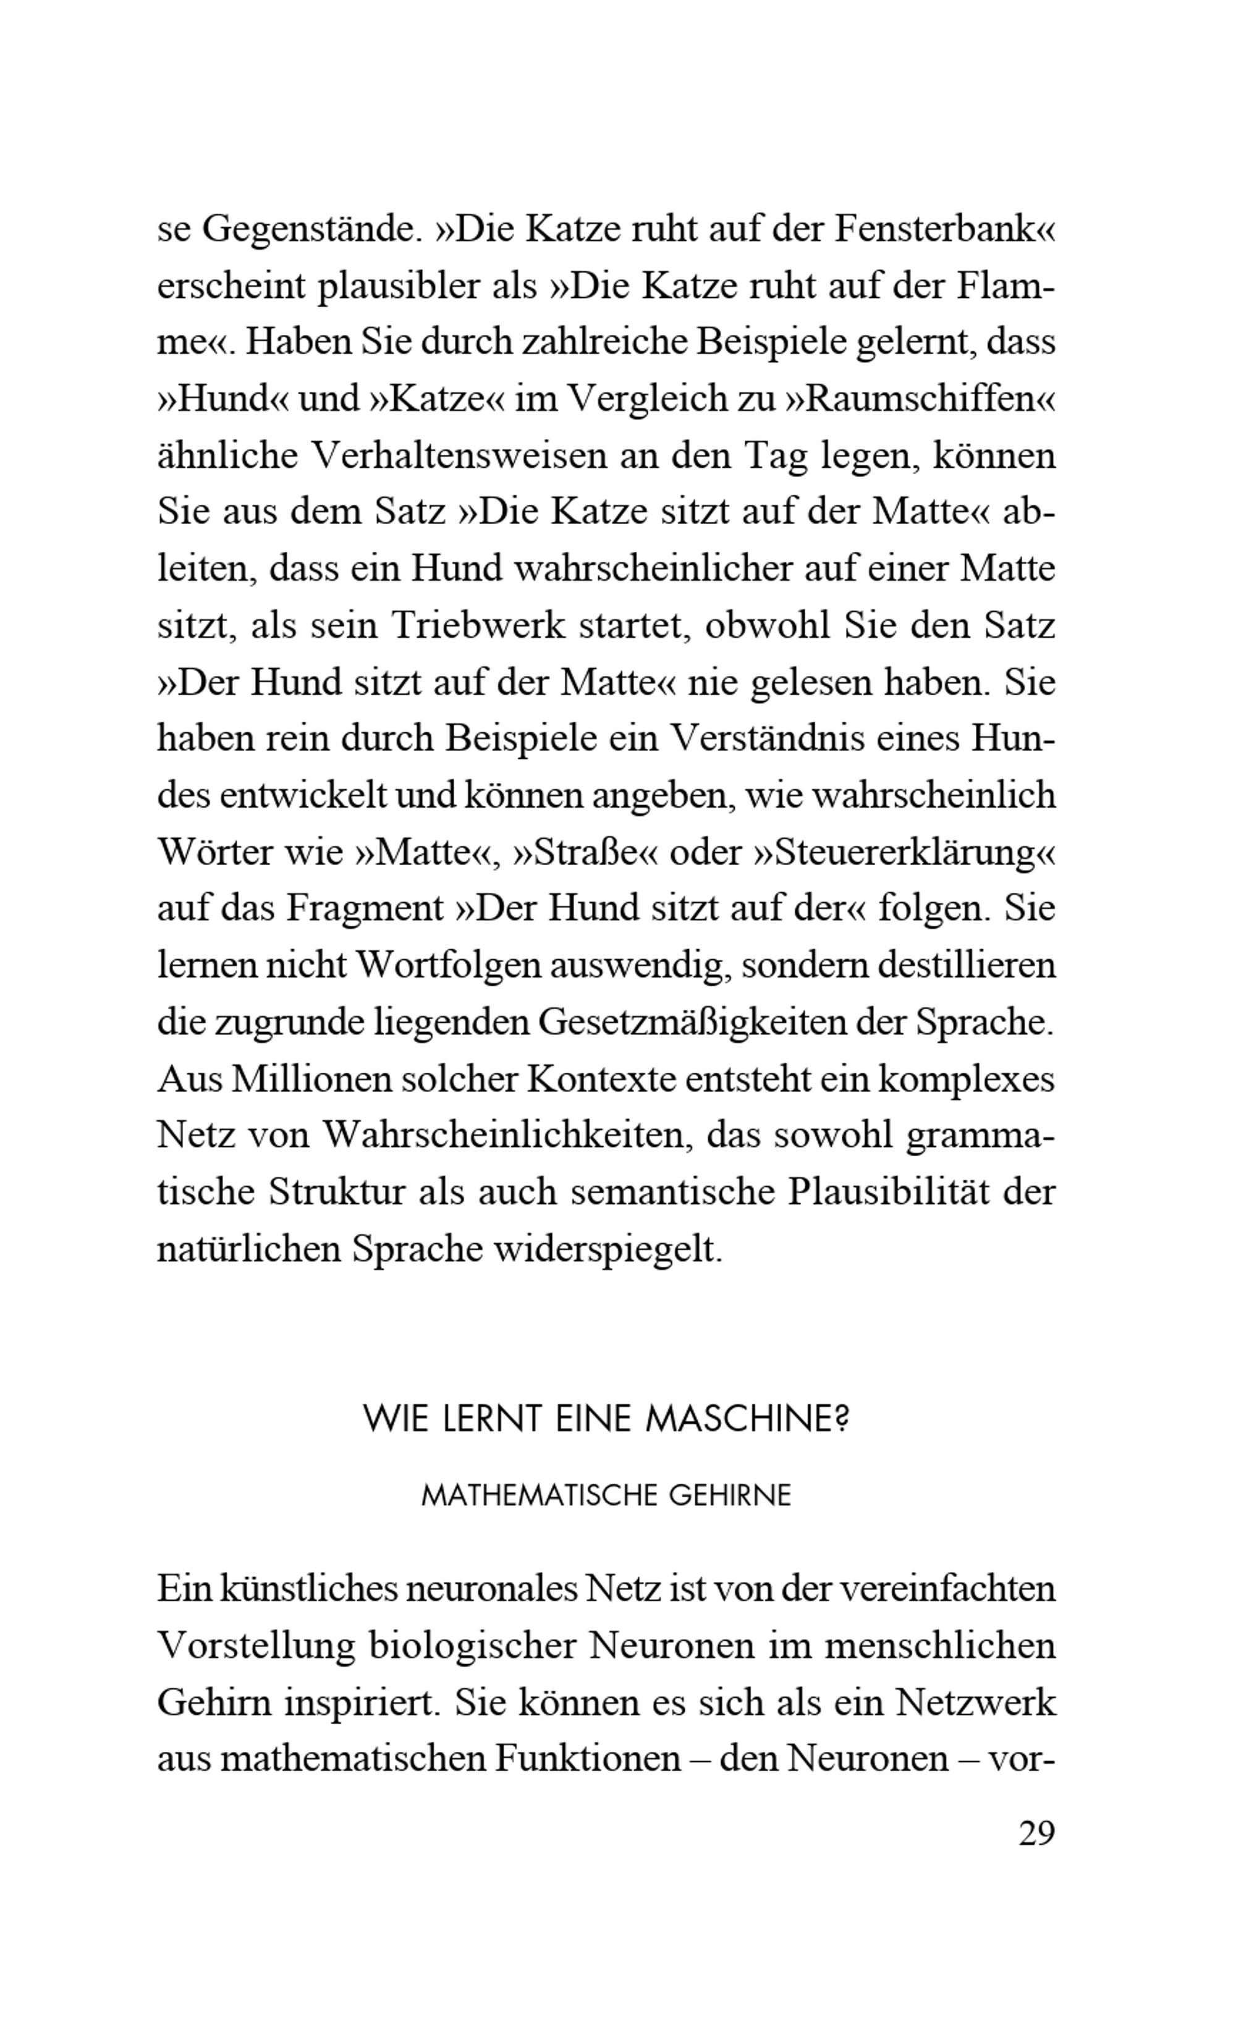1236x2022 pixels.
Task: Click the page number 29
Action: tap(1036, 1832)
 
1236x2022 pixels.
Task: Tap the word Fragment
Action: tap(365, 909)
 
